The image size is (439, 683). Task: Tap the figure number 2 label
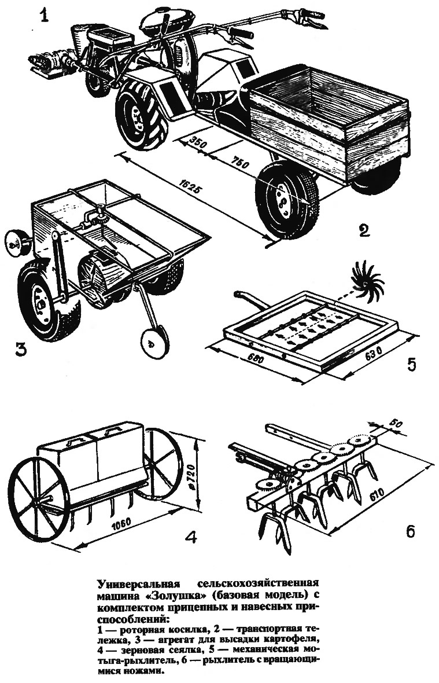coord(364,230)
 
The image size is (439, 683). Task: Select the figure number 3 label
coord(20,348)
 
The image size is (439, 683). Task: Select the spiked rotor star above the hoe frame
coord(366,277)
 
